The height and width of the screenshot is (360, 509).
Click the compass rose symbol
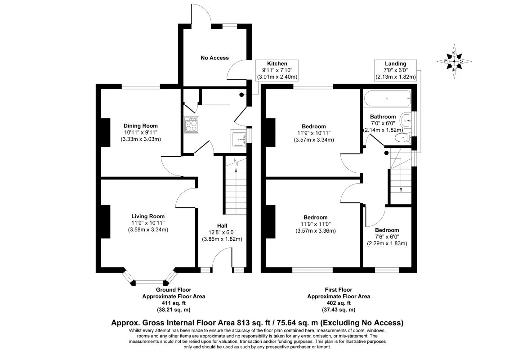[x=454, y=61]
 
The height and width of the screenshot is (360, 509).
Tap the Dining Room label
[x=141, y=126]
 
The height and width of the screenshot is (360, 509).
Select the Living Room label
[x=148, y=216]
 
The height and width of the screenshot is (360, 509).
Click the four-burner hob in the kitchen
[x=192, y=125]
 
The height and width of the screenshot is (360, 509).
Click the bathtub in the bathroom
[x=388, y=98]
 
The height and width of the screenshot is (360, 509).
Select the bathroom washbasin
[x=406, y=121]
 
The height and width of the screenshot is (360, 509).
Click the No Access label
[x=214, y=58]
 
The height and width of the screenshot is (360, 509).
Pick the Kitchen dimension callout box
[x=277, y=70]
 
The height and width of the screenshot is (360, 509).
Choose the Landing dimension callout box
[x=395, y=70]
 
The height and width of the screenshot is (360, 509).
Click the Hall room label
[x=222, y=226]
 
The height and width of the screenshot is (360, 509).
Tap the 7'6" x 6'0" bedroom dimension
[x=387, y=237]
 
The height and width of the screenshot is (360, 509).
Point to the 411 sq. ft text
[x=174, y=303]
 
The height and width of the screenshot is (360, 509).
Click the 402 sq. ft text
[x=339, y=303]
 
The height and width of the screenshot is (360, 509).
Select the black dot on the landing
[x=386, y=153]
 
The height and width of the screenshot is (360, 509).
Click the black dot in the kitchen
[x=241, y=95]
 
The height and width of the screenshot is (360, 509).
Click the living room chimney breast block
[x=106, y=221]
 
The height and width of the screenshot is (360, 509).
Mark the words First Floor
[x=339, y=290]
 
